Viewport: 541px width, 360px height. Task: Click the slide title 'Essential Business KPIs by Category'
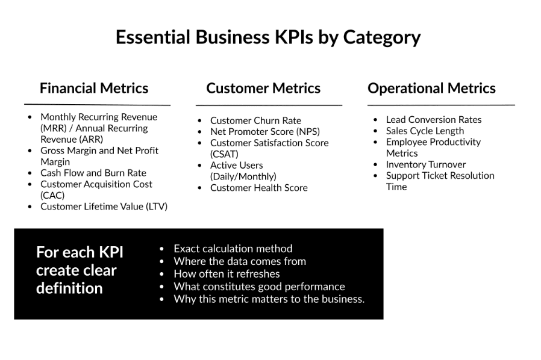(x=268, y=37)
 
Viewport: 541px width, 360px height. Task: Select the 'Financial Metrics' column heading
(x=94, y=88)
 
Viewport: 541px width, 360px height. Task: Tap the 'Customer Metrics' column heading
(x=263, y=88)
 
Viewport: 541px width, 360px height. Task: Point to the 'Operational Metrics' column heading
(x=431, y=88)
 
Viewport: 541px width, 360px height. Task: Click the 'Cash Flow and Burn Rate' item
(x=93, y=173)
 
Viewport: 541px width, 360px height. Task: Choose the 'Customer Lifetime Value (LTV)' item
(x=104, y=206)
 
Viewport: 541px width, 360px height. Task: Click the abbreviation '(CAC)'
(x=52, y=196)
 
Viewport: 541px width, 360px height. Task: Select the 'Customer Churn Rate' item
(x=255, y=120)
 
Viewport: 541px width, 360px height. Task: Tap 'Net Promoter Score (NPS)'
(x=265, y=132)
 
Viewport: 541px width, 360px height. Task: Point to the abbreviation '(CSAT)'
(x=224, y=154)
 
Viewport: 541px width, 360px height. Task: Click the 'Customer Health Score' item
(x=259, y=188)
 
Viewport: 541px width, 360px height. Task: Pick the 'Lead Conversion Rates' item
(x=434, y=120)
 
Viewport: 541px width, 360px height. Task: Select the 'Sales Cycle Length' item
(x=425, y=131)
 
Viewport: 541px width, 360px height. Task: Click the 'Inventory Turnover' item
(x=426, y=164)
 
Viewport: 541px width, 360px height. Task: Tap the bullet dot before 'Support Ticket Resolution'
(x=375, y=176)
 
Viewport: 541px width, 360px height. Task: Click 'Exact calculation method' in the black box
(x=233, y=249)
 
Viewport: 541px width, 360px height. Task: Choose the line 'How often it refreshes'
(x=227, y=274)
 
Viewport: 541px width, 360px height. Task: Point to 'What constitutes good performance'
(x=259, y=287)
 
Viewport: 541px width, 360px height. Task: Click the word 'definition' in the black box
(x=69, y=288)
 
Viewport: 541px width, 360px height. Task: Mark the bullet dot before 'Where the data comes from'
(x=162, y=261)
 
